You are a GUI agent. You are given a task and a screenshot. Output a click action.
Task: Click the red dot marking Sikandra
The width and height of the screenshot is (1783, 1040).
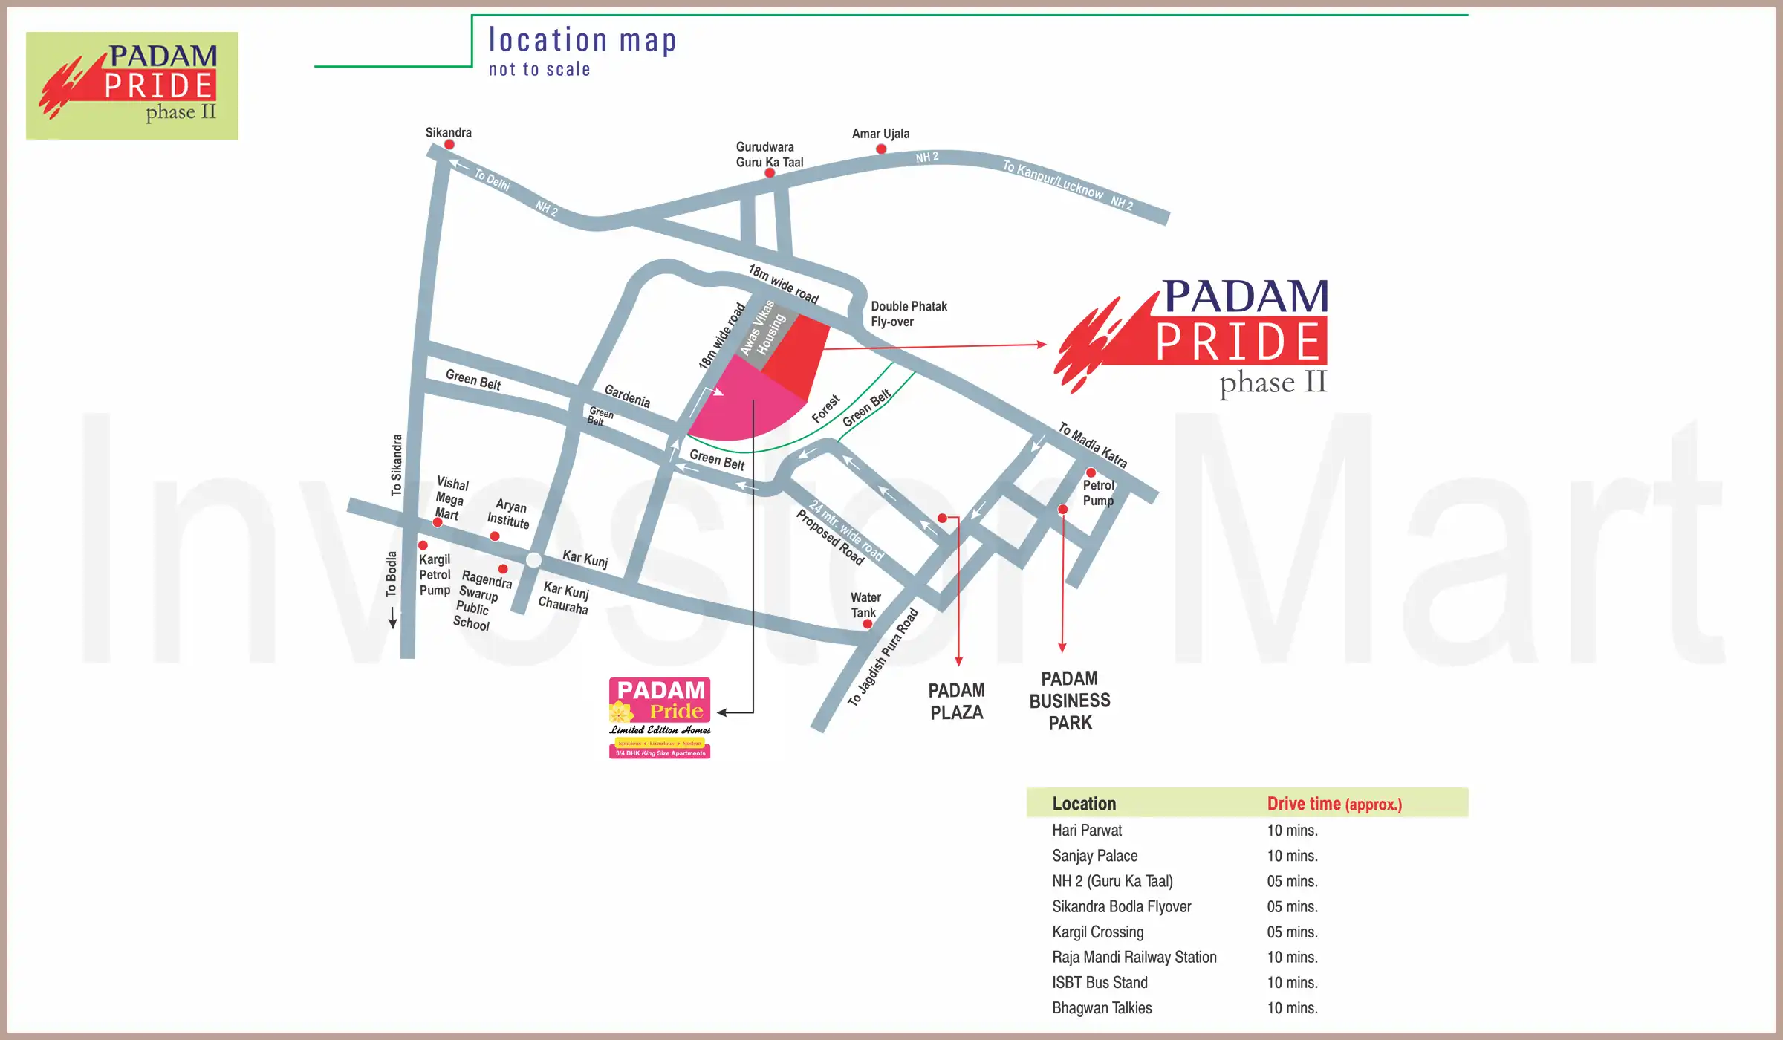[449, 144]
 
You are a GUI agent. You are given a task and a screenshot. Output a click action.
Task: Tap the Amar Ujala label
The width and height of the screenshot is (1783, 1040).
[880, 134]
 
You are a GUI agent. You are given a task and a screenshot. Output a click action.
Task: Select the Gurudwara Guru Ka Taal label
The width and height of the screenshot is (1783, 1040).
[770, 155]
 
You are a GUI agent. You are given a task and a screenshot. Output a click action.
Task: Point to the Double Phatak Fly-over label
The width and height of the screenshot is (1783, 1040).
[908, 313]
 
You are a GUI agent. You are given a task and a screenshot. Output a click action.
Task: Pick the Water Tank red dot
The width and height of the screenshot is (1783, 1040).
[867, 624]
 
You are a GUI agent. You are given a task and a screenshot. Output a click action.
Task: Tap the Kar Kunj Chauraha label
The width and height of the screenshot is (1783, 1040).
[565, 598]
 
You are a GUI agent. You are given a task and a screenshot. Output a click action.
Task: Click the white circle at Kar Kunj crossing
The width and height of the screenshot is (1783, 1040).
[533, 560]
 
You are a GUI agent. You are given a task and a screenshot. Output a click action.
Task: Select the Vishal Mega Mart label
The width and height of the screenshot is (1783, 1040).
[451, 498]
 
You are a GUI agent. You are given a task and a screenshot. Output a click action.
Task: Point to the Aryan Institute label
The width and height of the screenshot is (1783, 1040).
[509, 514]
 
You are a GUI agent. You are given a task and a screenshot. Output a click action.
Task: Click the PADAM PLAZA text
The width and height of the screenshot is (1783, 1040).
[956, 701]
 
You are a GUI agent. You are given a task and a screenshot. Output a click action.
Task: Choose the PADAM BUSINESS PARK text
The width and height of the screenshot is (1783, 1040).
[1070, 701]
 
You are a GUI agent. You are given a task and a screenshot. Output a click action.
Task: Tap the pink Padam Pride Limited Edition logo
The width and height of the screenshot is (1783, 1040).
[660, 718]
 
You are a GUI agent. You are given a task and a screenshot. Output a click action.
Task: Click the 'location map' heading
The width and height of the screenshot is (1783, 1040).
[582, 40]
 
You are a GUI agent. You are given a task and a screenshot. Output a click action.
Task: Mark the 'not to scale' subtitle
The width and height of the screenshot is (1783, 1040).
[539, 70]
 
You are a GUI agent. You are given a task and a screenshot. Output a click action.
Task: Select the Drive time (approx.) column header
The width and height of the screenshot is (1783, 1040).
[1334, 804]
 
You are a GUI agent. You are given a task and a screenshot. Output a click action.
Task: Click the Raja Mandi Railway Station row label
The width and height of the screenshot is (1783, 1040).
[1134, 957]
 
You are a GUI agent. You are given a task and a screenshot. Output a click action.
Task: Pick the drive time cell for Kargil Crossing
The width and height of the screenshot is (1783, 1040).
[1292, 932]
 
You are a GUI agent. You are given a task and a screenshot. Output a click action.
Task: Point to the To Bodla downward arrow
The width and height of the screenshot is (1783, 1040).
[392, 618]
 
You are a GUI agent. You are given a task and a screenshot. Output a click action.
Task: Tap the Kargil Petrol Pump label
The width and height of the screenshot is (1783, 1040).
[435, 575]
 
